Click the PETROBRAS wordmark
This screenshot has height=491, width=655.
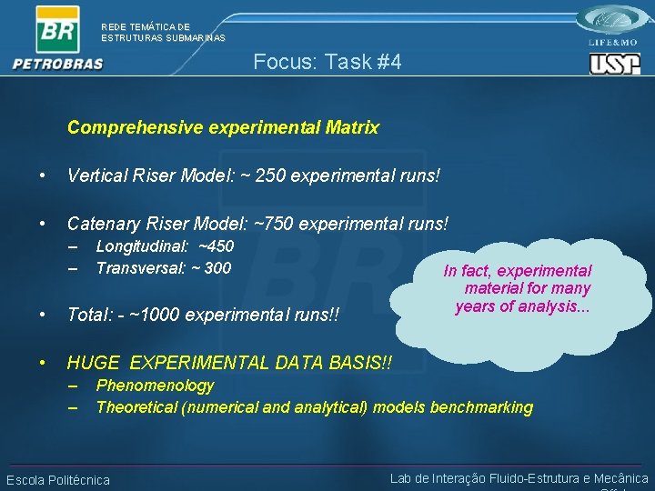[x=58, y=64]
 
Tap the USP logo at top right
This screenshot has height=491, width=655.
[x=614, y=64]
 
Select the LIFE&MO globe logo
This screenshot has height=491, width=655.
[x=615, y=22]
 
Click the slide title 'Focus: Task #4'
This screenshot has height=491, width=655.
[x=327, y=62]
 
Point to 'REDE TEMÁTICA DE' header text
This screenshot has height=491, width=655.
[x=146, y=27]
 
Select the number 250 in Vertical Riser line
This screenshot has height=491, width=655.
[x=271, y=174]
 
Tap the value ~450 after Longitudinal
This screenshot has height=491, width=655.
[x=216, y=246]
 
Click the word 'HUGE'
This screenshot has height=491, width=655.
[x=95, y=363]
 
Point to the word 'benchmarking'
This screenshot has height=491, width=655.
[x=481, y=406]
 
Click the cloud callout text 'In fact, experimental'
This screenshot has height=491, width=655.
[x=517, y=271]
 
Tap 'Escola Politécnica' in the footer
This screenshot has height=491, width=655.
[x=58, y=480]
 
